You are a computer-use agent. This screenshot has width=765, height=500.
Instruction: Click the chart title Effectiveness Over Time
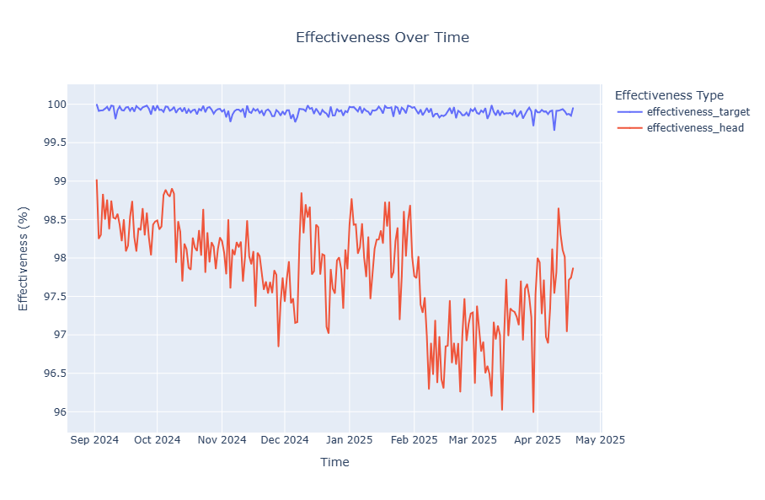(382, 38)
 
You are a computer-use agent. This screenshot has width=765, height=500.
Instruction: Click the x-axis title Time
(334, 462)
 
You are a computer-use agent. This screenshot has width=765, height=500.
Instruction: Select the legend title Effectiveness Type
(669, 95)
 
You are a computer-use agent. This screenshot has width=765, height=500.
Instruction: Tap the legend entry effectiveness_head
(695, 128)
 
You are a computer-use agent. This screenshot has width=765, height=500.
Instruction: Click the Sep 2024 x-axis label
(94, 440)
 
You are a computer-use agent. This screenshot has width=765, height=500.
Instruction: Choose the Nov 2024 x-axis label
(221, 440)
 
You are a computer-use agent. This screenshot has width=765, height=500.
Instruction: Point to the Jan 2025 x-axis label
(349, 440)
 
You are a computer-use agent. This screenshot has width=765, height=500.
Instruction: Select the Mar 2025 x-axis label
(472, 440)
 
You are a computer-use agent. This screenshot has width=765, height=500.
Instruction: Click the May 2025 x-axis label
(599, 440)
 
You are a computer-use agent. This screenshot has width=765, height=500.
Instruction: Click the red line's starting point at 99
(97, 180)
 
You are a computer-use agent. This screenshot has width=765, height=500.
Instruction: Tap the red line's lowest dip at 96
(533, 411)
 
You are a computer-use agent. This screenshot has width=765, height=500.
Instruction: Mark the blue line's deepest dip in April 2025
(554, 130)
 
